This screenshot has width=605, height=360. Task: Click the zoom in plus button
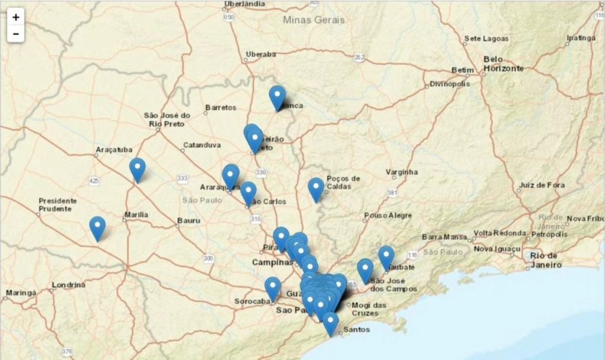tap(15, 17)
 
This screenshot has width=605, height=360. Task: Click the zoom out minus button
tap(15, 34)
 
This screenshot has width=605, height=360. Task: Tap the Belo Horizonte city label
tap(503, 64)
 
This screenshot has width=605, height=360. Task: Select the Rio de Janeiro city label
tap(544, 260)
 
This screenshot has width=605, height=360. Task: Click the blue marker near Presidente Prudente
tap(97, 227)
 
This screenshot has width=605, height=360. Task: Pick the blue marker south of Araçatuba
tap(137, 168)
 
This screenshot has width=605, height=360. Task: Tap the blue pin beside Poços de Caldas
tap(316, 189)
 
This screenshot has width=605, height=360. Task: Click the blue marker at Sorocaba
tap(272, 288)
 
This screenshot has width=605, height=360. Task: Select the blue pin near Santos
tap(330, 323)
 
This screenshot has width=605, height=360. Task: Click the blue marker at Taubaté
tap(386, 257)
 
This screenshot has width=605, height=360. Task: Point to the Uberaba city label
tap(260, 54)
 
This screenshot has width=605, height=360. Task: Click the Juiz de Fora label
tap(542, 185)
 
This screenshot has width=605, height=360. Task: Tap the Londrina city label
tap(68, 285)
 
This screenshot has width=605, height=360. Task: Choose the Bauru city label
tap(188, 221)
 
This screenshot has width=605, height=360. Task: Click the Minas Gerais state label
tap(314, 20)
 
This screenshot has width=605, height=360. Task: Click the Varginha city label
tap(402, 172)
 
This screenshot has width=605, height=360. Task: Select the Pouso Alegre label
tap(388, 216)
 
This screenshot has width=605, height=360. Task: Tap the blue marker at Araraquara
tap(230, 175)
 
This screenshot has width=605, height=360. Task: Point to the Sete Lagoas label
tap(486, 38)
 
